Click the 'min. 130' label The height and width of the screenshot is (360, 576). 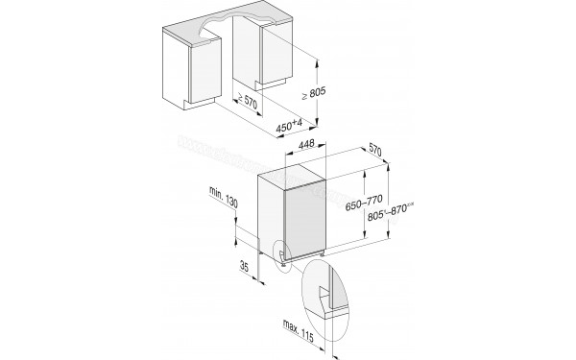pos(222,198)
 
